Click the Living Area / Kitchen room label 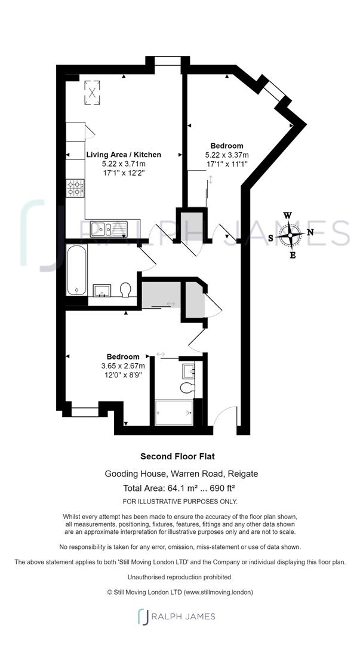(124, 154)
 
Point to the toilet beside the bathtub (125, 290)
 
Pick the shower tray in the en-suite (174, 412)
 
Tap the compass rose (290, 235)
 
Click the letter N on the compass (310, 232)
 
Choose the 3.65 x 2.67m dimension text (123, 366)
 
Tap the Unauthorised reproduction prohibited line (180, 577)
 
